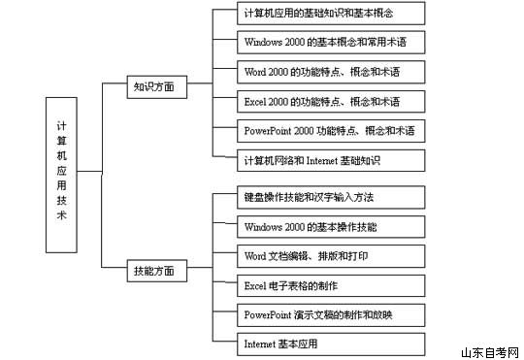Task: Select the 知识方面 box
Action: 153,86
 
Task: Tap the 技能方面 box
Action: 153,272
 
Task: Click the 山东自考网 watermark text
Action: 490,351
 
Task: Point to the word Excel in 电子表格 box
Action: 255,285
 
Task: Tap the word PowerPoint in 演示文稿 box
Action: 268,314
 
